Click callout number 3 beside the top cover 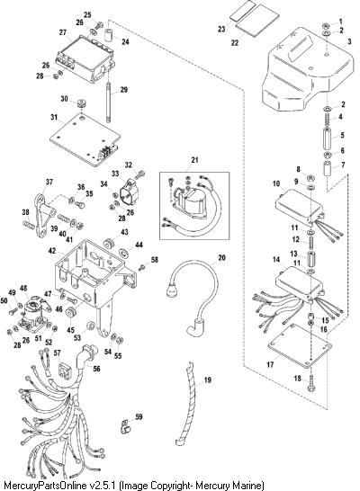[x=350, y=41]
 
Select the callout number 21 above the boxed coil [x=195, y=160]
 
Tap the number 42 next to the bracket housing [x=52, y=251]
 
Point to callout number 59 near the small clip [x=139, y=416]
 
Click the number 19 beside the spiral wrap [x=208, y=380]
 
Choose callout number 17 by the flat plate [x=270, y=364]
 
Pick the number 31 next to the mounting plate [x=54, y=117]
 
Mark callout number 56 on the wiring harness [x=96, y=369]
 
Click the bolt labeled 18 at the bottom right [x=311, y=382]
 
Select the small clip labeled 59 [x=125, y=428]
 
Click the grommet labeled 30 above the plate [x=83, y=103]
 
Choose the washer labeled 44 [x=125, y=252]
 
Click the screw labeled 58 [x=142, y=267]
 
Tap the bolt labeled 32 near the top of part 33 [x=140, y=174]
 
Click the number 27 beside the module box [x=63, y=32]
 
